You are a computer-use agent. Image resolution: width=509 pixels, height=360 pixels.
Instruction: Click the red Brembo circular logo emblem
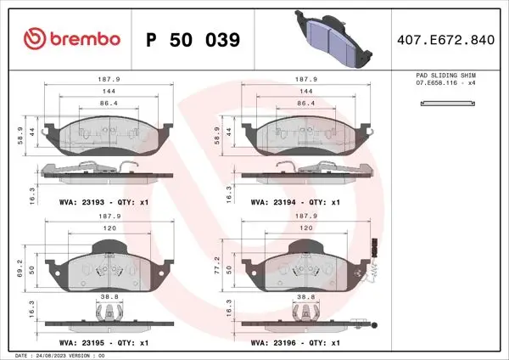(x=35, y=39)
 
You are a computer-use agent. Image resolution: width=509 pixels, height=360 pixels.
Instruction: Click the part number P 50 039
(x=193, y=40)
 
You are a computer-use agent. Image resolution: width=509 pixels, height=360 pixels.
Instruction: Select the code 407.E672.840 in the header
(x=445, y=40)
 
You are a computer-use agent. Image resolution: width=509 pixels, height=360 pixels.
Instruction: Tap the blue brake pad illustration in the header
(x=333, y=39)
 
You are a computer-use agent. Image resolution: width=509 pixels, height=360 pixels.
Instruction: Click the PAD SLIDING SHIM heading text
(x=445, y=75)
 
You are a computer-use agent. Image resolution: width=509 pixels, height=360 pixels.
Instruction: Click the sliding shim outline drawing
(x=448, y=104)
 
